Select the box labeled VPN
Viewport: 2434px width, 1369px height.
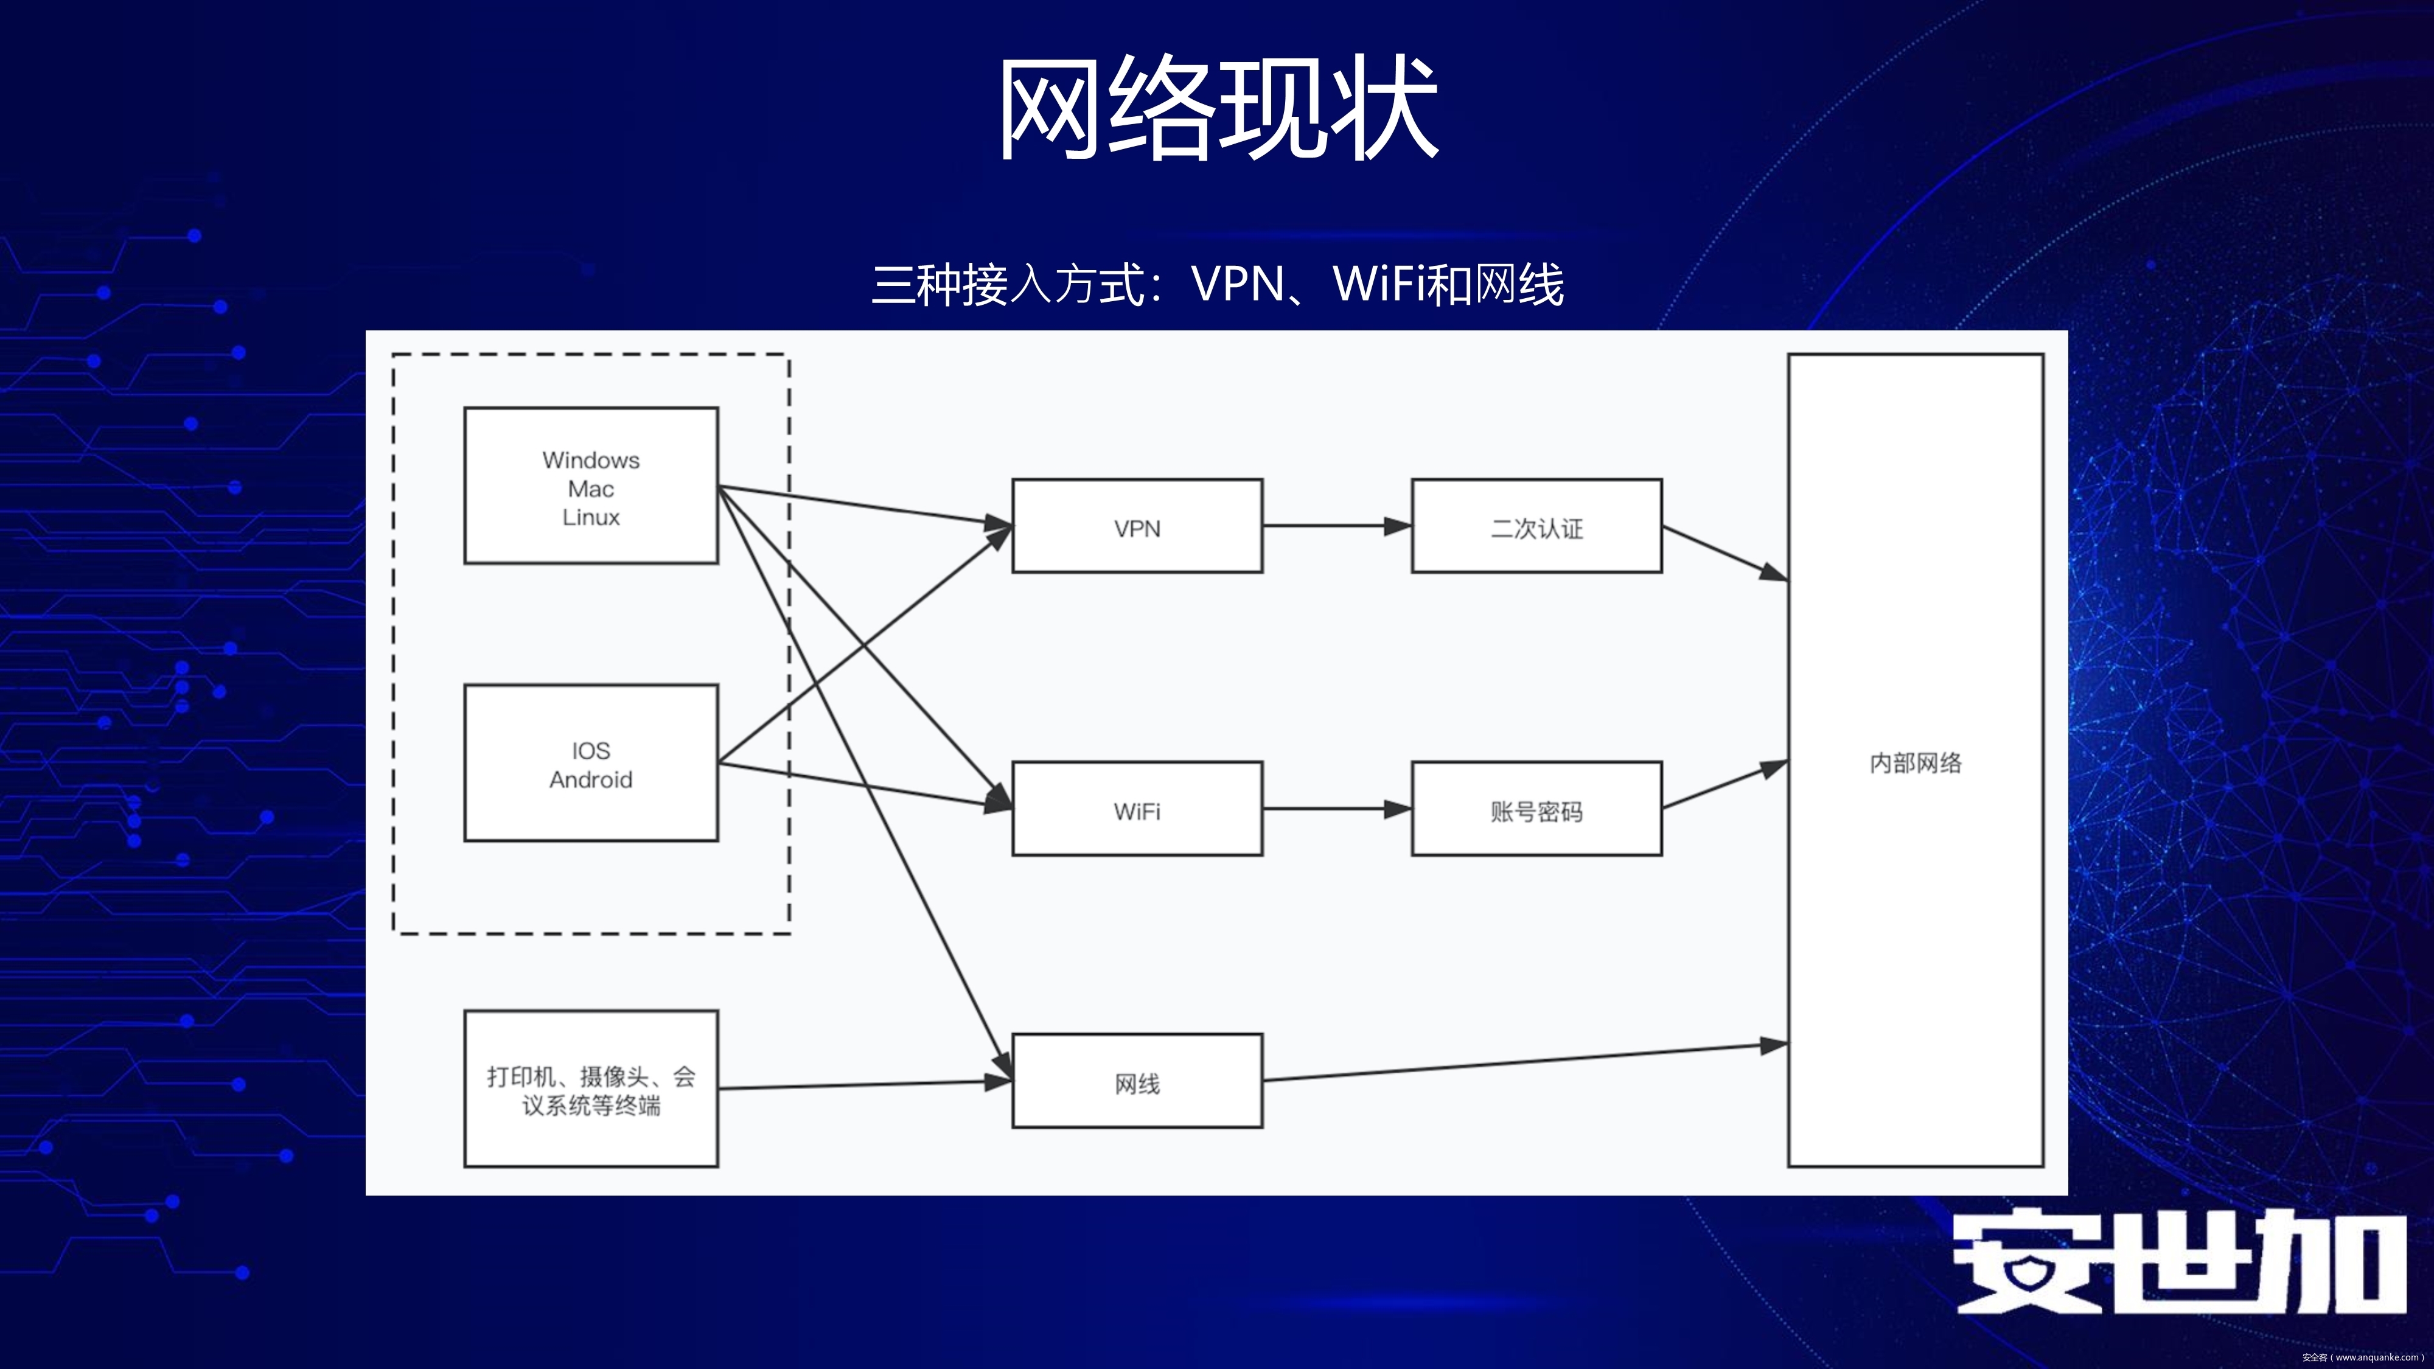(x=1137, y=526)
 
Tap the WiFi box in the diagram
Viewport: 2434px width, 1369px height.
(x=1137, y=810)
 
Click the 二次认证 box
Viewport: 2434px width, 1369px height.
(x=1536, y=526)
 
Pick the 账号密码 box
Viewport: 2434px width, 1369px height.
(x=1536, y=810)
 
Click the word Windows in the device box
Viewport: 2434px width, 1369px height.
(x=590, y=460)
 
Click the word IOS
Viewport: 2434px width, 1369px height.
(x=590, y=751)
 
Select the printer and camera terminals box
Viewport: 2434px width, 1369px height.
(x=590, y=1089)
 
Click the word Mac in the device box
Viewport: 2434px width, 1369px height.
(x=590, y=489)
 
